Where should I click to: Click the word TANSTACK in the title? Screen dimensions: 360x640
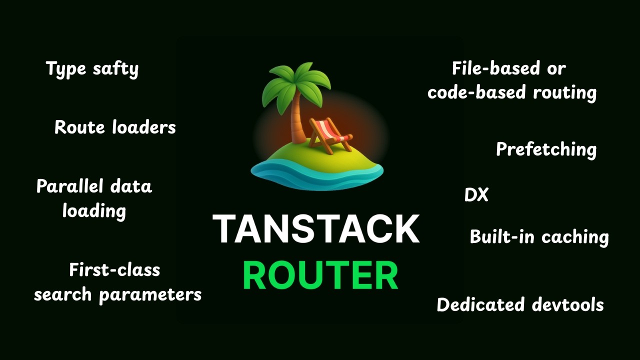click(316, 229)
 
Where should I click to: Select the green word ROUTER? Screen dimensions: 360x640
click(320, 275)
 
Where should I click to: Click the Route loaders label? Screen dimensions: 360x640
click(115, 127)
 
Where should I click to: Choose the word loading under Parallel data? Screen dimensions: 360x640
click(94, 211)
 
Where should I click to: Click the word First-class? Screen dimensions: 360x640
click(114, 270)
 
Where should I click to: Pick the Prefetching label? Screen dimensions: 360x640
click(546, 149)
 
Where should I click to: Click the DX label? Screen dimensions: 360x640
click(476, 195)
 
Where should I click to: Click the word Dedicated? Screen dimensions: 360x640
click(480, 305)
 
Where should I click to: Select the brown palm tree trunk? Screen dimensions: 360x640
click(299, 122)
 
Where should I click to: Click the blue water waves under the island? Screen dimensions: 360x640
click(316, 175)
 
